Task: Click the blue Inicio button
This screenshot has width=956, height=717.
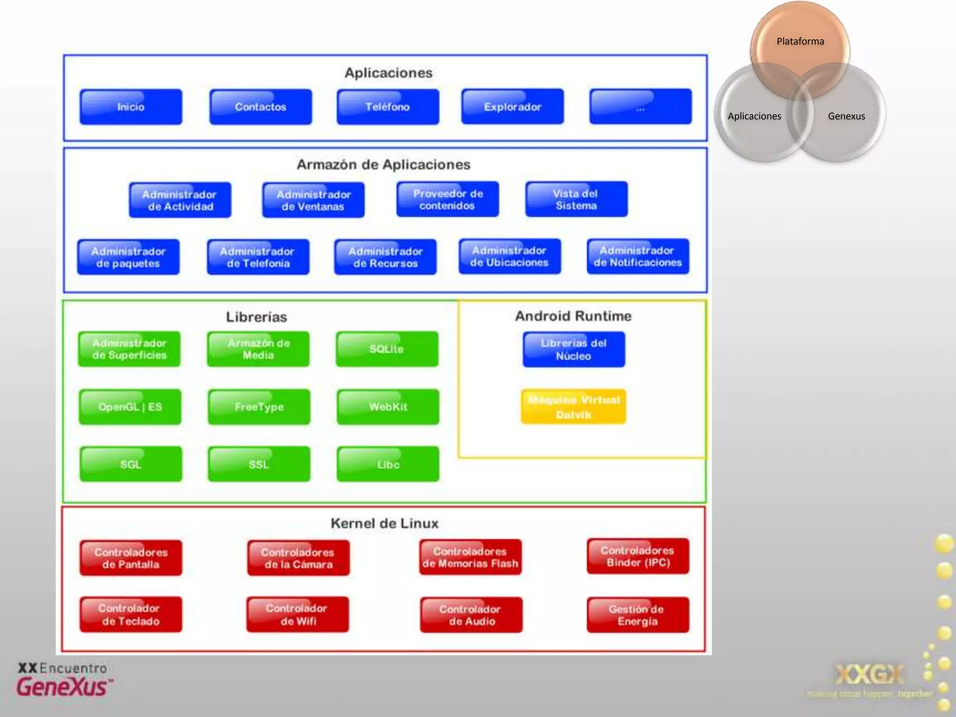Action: (x=131, y=107)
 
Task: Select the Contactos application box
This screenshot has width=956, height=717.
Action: (x=260, y=107)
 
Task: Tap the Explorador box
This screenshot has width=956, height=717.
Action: (x=513, y=107)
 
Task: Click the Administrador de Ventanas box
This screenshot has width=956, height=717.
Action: (x=313, y=200)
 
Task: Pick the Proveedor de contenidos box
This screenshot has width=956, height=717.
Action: (x=448, y=199)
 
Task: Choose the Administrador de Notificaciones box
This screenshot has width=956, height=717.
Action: (x=638, y=256)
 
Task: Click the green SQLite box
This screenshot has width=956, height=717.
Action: (x=387, y=349)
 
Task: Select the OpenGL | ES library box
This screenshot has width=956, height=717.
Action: (x=130, y=407)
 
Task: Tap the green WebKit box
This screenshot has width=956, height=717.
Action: (x=388, y=407)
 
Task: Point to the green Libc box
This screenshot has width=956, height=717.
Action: (x=388, y=464)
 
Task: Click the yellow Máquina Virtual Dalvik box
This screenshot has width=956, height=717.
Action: (x=574, y=407)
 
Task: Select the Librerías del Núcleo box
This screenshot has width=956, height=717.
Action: (x=574, y=349)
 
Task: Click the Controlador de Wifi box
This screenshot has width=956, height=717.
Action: (x=298, y=615)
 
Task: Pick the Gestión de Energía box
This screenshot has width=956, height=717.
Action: (x=638, y=615)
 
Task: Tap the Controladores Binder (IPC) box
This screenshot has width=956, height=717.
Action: (x=638, y=556)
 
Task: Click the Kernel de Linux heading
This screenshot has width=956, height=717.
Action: (x=385, y=523)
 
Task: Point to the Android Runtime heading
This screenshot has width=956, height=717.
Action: (x=573, y=316)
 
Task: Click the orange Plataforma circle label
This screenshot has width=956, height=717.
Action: (x=800, y=42)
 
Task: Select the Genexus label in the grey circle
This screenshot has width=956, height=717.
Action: (x=846, y=116)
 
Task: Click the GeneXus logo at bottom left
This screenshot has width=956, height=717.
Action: (x=63, y=681)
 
